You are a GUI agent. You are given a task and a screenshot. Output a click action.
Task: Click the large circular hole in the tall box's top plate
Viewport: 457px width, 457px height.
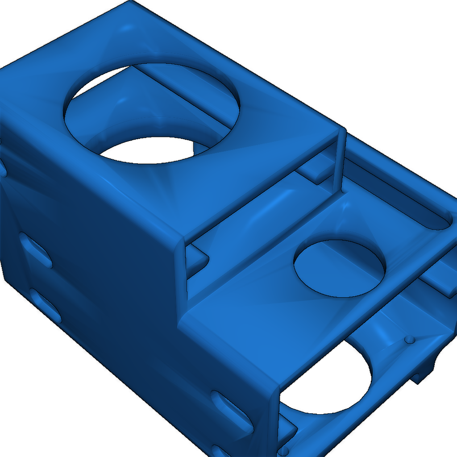(152, 112)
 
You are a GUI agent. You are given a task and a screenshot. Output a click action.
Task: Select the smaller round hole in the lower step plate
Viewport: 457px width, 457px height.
(339, 268)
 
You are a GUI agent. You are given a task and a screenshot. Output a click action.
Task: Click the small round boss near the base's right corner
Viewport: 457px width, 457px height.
(409, 340)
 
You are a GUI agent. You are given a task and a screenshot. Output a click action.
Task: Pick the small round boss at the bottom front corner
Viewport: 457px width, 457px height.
(283, 452)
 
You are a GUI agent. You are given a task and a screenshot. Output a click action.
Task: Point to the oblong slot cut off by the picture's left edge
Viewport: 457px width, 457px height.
(2, 167)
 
